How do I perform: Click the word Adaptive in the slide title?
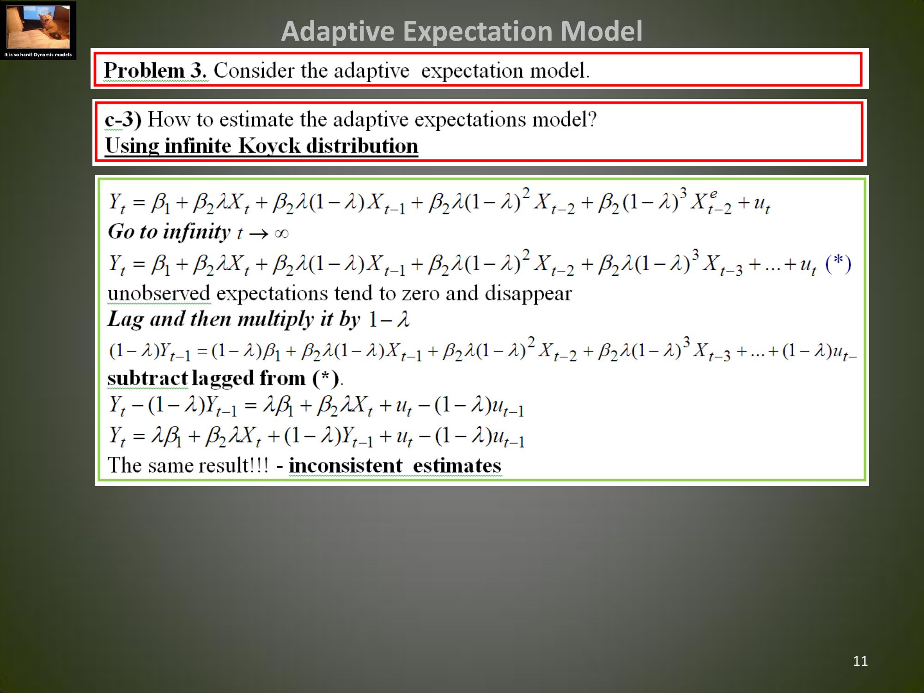coord(338,31)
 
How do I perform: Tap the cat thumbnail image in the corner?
coord(38,27)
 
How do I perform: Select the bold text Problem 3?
coord(155,70)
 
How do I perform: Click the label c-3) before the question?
coord(123,119)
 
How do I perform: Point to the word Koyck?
coord(269,146)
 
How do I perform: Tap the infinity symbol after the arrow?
coord(281,233)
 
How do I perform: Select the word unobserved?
coord(159,293)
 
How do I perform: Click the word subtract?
coord(147,378)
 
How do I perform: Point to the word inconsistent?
coord(346,465)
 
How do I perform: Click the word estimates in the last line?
coord(457,466)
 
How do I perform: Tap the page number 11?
coord(860,661)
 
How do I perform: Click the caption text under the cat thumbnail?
coord(38,55)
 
